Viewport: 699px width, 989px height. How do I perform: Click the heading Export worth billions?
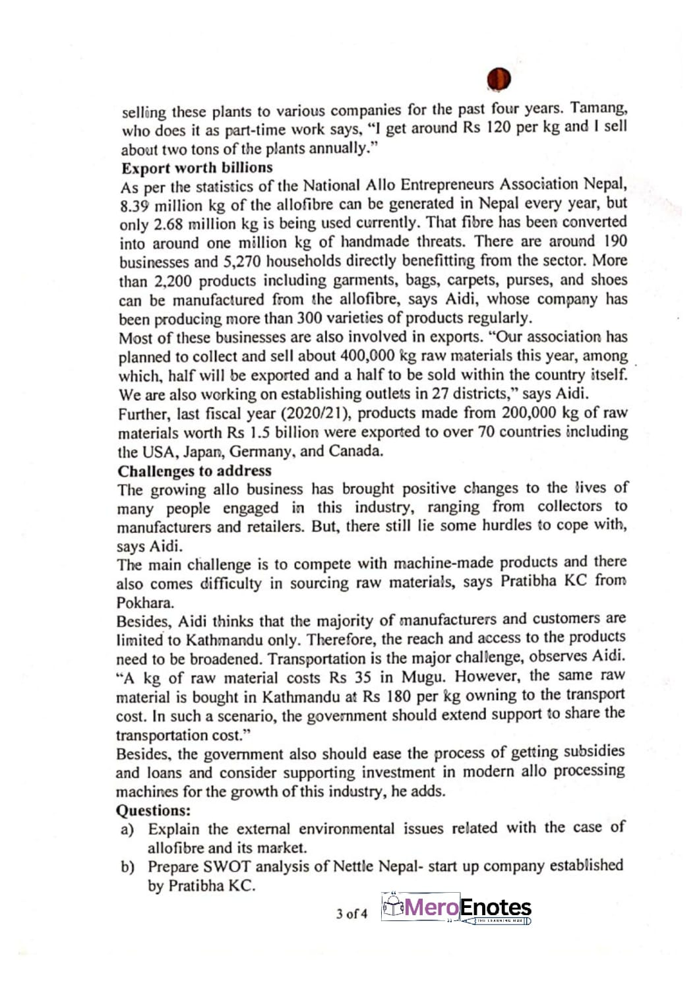(x=197, y=167)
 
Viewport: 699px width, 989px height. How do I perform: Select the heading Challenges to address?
(x=195, y=471)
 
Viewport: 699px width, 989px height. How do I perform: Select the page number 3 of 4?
(x=351, y=913)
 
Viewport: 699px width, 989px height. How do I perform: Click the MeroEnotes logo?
(x=456, y=909)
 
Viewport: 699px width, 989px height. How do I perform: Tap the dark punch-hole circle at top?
(x=499, y=79)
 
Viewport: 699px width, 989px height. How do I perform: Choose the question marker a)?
(x=127, y=829)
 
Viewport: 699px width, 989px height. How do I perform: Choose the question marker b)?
(x=127, y=866)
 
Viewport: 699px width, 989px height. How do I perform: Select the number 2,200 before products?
(x=174, y=280)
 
